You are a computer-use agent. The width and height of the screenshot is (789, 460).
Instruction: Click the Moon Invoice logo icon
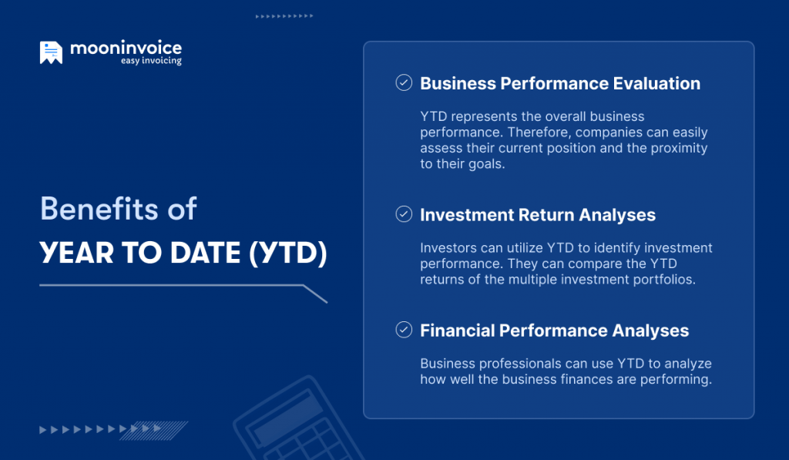[x=51, y=52]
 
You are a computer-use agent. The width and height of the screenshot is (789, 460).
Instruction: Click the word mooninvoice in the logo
[x=126, y=48]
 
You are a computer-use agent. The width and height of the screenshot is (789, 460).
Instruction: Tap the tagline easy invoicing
[x=151, y=62]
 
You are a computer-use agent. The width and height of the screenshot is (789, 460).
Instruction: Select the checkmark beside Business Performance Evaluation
[x=404, y=83]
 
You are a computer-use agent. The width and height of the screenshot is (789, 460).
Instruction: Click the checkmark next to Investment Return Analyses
[x=404, y=214]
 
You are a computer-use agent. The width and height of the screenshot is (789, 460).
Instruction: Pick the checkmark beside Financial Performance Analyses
[x=404, y=330]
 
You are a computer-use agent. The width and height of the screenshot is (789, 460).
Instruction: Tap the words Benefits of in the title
[x=118, y=210]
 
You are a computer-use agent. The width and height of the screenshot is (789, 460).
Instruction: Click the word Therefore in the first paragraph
[x=529, y=133]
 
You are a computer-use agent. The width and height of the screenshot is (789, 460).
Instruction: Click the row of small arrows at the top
[x=284, y=15]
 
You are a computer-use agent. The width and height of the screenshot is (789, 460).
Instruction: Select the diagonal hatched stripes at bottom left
[x=166, y=429]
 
